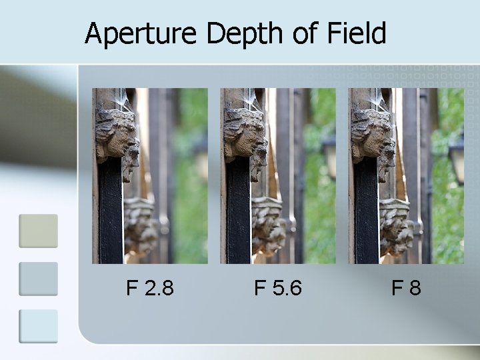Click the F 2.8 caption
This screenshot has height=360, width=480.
150,288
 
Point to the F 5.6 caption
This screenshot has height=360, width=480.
278,288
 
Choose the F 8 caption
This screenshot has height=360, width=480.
406,288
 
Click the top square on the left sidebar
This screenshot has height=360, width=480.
38,231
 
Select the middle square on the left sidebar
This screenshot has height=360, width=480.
38,279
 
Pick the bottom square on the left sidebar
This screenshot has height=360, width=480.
38,326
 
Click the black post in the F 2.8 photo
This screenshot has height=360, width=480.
111,213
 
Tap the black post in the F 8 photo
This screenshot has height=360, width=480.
366,213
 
